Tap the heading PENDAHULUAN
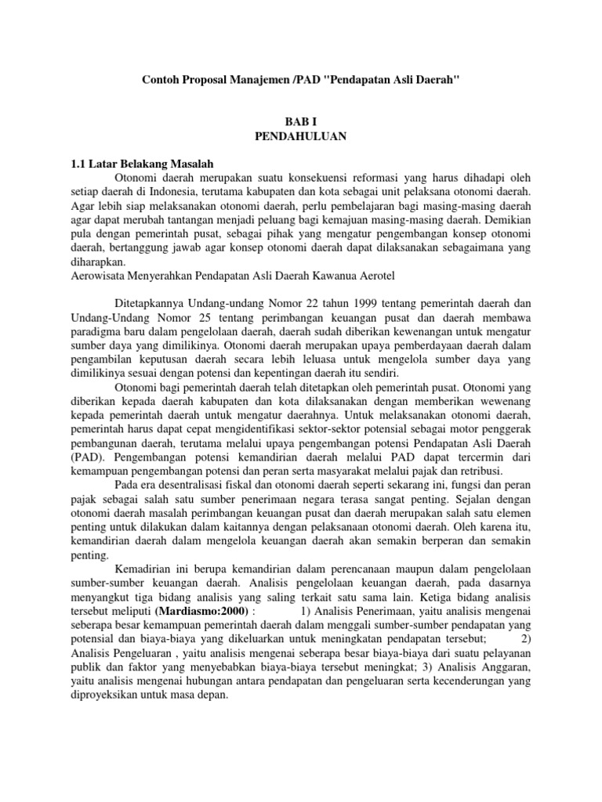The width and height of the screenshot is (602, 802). coord(301,135)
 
